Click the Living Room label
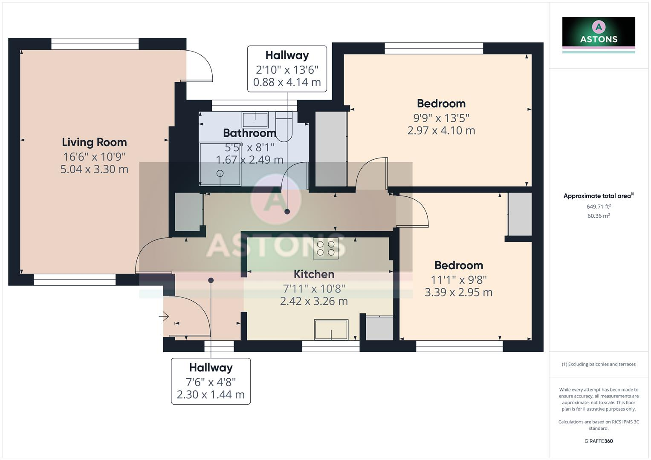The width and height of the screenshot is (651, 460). (x=94, y=142)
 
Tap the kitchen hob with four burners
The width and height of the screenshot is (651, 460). (x=325, y=248)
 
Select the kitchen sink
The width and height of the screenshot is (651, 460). (x=331, y=330)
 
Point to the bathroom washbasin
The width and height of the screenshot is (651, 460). (x=255, y=120)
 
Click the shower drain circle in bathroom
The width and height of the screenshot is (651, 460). (x=220, y=173)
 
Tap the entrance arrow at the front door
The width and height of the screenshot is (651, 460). (x=164, y=316)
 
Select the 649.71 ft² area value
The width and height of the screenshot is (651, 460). (x=599, y=207)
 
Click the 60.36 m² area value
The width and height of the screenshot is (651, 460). (x=599, y=216)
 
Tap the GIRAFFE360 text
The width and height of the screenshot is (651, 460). (x=599, y=441)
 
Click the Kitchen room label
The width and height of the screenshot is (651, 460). (x=314, y=274)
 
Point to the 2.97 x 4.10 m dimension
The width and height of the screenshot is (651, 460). (x=441, y=131)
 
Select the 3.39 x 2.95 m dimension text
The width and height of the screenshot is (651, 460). (x=458, y=293)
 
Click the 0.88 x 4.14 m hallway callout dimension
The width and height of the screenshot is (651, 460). (x=287, y=82)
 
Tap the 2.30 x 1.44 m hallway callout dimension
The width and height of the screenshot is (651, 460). (x=211, y=395)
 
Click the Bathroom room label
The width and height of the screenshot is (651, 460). (x=249, y=133)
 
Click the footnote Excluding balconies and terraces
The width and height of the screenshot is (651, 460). (x=599, y=364)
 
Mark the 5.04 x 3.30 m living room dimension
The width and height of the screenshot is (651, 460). (x=94, y=170)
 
